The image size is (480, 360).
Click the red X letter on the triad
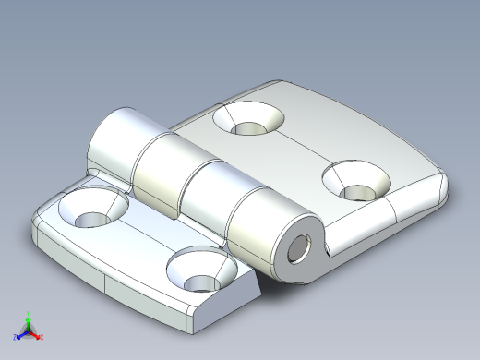click(x=42, y=337)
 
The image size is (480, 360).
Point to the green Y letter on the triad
click(x=28, y=311)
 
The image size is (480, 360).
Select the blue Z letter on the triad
click(x=15, y=338)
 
